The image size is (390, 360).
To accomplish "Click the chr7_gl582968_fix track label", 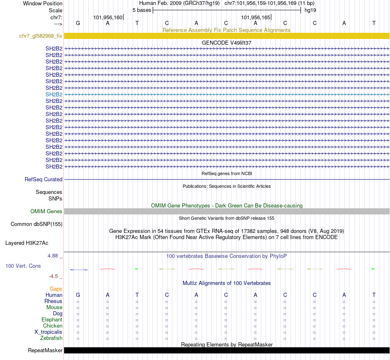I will pos(41,36).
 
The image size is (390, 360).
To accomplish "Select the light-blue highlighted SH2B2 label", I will pos(54,94).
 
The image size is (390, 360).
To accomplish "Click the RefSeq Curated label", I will pos(44,179).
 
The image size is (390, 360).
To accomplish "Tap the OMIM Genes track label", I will pos(46,212).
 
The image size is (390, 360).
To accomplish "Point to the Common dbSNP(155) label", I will pos(37,224).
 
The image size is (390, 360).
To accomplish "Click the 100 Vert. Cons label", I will pos(23,266).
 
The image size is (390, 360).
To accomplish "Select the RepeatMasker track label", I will pos(45,351).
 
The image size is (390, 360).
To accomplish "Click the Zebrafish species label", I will pos(51,338).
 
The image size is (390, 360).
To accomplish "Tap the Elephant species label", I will pos(52,320).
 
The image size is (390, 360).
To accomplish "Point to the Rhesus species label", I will pos(53,301).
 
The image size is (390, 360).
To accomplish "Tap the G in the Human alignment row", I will pos(78,295).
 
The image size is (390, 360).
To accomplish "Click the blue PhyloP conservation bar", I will pos(78,270).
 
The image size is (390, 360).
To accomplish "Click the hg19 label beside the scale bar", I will pos(310,10).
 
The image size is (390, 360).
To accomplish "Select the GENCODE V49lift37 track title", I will pos(227,43).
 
